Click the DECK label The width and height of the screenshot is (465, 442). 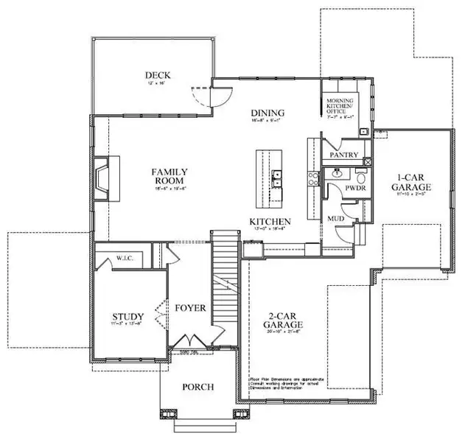pyautogui.click(x=158, y=75)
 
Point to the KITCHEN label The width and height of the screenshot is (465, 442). pyautogui.click(x=269, y=221)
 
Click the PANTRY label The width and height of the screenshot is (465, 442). pyautogui.click(x=344, y=155)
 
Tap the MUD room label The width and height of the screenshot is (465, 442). pyautogui.click(x=335, y=219)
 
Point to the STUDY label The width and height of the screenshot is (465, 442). pyautogui.click(x=127, y=317)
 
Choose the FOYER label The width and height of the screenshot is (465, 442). pyautogui.click(x=191, y=308)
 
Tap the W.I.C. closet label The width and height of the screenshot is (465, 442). pyautogui.click(x=124, y=259)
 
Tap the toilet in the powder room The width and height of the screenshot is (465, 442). pyautogui.click(x=362, y=177)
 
